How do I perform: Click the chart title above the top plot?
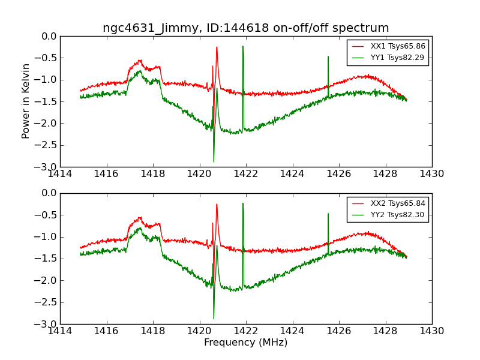tap(245, 28)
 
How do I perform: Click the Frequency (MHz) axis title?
tap(245, 343)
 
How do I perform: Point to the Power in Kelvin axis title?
tap(26, 101)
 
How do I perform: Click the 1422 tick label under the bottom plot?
tap(245, 331)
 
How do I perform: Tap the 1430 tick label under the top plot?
tap(431, 174)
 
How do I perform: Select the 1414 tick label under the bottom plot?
tap(60, 331)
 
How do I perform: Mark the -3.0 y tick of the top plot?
tap(46, 167)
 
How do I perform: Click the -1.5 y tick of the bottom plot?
tap(46, 259)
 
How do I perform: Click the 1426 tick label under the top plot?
tap(338, 174)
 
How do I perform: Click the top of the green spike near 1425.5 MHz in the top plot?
tap(328, 56)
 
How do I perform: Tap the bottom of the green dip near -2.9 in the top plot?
tap(214, 161)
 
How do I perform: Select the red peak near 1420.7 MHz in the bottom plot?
tap(217, 204)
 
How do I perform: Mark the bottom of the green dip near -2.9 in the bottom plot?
tap(214, 319)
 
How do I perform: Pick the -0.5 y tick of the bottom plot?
tap(46, 215)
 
